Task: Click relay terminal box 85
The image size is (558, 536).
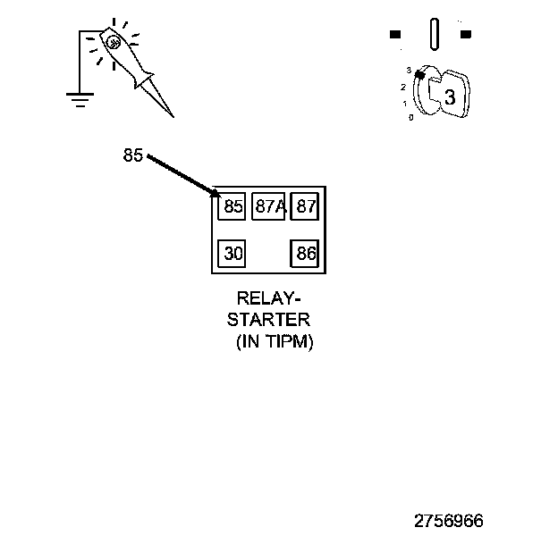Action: (x=232, y=206)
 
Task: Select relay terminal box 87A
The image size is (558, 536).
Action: (x=268, y=206)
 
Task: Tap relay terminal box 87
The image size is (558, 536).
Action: (x=306, y=206)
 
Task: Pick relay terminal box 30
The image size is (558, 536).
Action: (x=232, y=254)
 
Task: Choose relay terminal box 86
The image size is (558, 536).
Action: (x=306, y=254)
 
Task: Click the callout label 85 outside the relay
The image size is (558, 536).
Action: (x=132, y=155)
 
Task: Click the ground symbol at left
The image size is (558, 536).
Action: (x=80, y=99)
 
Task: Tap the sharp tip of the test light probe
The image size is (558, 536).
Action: (x=172, y=116)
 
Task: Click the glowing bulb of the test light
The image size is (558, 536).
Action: (x=113, y=41)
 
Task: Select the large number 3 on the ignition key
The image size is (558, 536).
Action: (x=450, y=98)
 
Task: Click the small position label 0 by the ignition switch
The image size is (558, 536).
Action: (x=411, y=117)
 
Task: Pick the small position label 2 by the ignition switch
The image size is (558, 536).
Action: (x=404, y=87)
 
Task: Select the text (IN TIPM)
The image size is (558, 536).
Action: (x=275, y=341)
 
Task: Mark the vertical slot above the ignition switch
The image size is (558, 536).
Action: (x=434, y=35)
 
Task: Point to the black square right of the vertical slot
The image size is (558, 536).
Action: (x=465, y=35)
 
